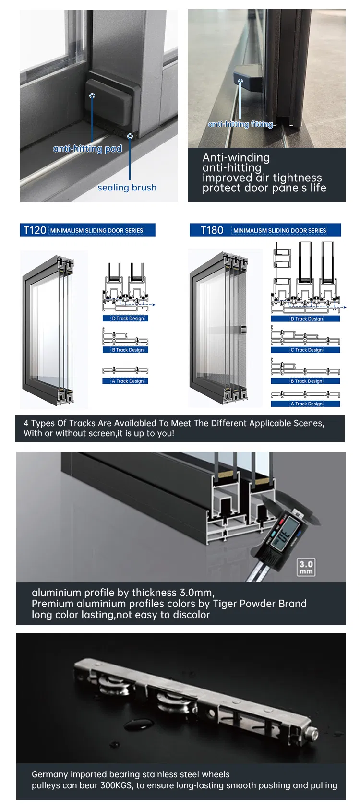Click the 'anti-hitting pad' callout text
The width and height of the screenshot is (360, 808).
(x=87, y=149)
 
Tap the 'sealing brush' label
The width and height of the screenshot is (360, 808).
(x=127, y=188)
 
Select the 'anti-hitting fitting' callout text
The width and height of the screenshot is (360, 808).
(x=240, y=124)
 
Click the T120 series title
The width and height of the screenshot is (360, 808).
(x=35, y=230)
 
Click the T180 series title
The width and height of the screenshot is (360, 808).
(x=212, y=230)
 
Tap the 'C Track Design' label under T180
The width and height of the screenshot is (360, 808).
(x=305, y=350)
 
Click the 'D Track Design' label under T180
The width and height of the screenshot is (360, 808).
(x=305, y=319)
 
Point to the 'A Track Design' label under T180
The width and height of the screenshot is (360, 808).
(x=305, y=404)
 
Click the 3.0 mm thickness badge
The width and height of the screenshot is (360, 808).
(x=306, y=567)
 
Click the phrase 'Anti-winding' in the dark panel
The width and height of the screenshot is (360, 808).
(x=236, y=157)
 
